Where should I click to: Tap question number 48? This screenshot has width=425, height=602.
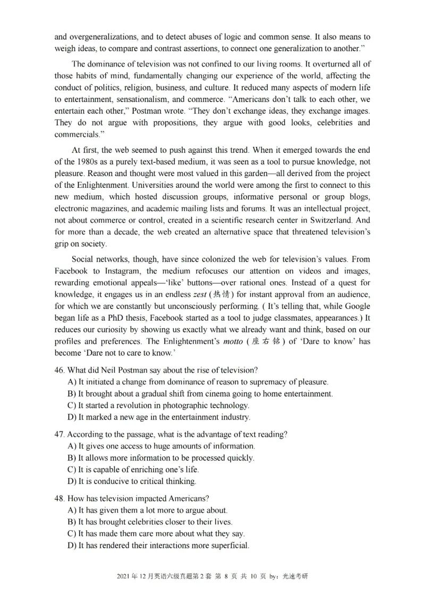[59, 498]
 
